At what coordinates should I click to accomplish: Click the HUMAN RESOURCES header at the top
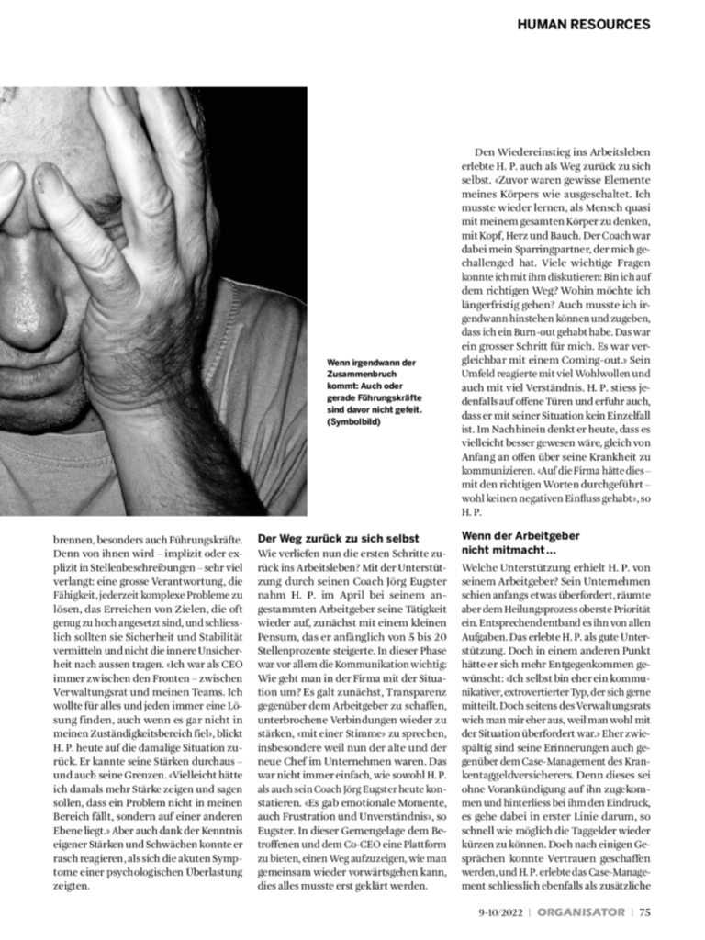pyautogui.click(x=583, y=24)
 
